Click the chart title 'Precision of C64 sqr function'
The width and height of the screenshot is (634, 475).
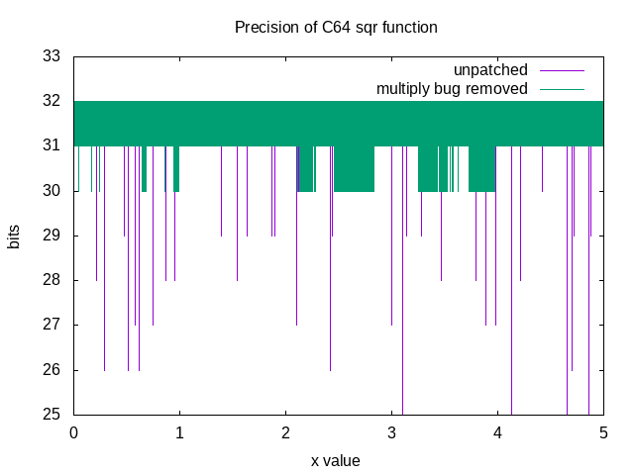(336, 27)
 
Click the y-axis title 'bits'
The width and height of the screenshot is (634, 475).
(14, 236)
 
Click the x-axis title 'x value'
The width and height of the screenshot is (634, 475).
(336, 460)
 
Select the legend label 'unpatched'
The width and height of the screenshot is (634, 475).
(490, 70)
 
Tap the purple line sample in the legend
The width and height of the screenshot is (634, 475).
(562, 70)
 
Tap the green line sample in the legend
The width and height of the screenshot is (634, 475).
(562, 89)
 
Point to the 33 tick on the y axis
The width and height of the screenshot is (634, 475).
(53, 56)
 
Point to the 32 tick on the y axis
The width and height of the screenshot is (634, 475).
(53, 101)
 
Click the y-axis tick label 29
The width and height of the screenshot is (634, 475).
(53, 236)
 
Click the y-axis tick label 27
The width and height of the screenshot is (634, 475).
(53, 325)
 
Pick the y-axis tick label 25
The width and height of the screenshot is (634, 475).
(53, 415)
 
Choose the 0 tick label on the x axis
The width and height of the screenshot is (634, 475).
(73, 433)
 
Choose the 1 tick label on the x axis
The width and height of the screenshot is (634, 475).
(179, 433)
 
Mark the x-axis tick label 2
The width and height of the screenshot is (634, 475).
(285, 433)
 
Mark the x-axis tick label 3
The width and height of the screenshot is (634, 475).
(391, 433)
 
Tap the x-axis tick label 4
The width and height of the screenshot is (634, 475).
(497, 433)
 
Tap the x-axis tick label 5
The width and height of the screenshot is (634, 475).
(603, 433)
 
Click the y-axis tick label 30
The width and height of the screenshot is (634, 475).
(53, 191)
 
